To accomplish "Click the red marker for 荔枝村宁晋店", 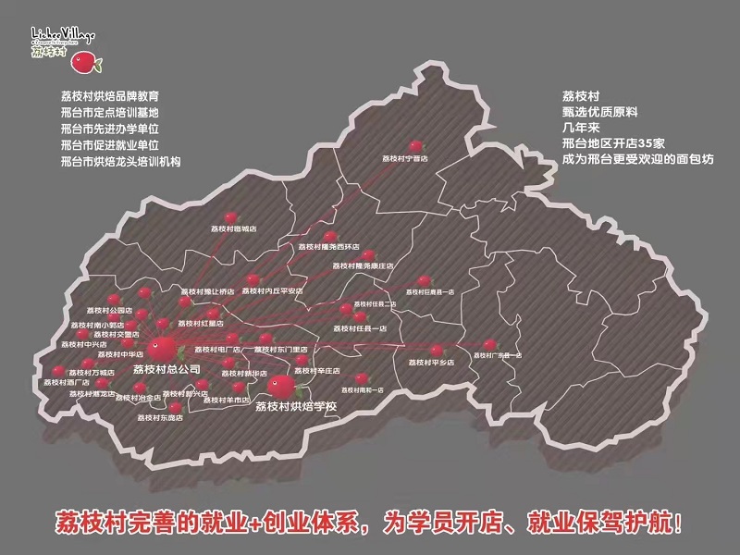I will (416, 145).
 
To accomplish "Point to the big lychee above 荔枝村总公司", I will (162, 348).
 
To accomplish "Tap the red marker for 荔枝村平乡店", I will (437, 350).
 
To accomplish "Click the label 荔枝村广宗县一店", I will (498, 355).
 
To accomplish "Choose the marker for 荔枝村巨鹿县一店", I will (425, 279).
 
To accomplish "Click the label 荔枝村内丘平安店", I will (274, 290).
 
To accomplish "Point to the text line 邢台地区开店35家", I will (612, 143).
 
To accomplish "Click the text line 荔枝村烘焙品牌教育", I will (109, 95).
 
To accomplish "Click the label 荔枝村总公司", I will (166, 369).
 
